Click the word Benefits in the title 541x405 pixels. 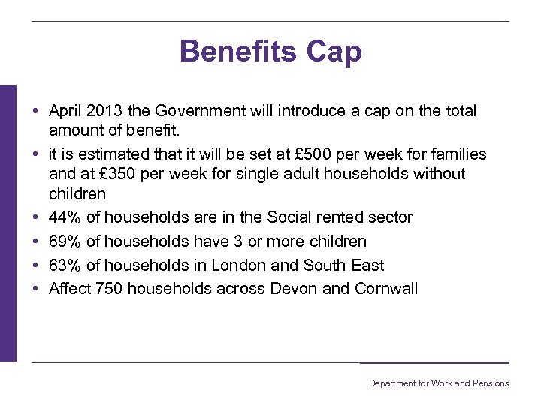click(x=238, y=52)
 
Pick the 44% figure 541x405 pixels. click(x=65, y=217)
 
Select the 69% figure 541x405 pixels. click(x=65, y=241)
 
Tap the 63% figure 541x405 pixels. click(x=65, y=265)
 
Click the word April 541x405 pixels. click(x=66, y=111)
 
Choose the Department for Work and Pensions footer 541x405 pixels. click(x=438, y=383)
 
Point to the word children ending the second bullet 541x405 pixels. click(x=77, y=194)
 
